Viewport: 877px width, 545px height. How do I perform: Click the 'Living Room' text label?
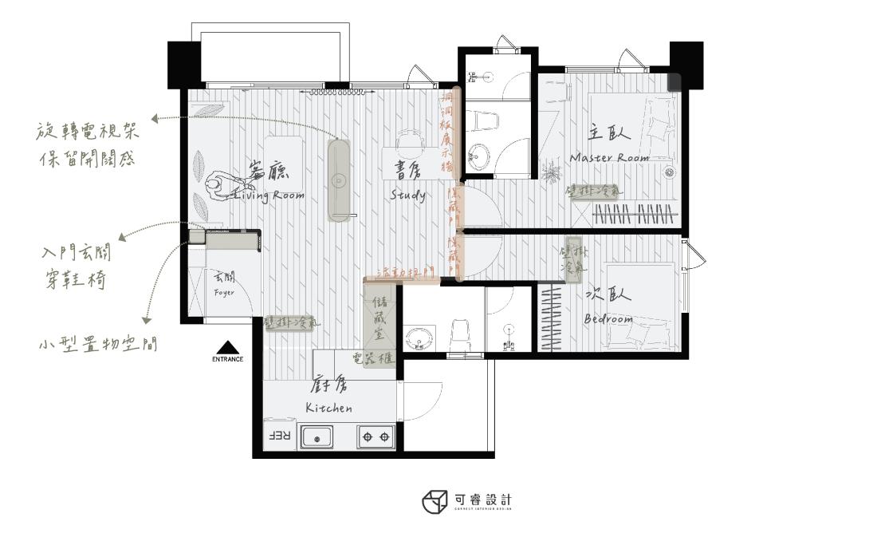tap(268, 194)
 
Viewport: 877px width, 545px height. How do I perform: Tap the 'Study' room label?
tap(407, 195)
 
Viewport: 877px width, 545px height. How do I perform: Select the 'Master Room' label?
tap(609, 158)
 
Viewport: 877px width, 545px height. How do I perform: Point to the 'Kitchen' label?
tap(328, 408)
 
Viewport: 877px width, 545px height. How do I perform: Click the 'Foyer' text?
tap(224, 293)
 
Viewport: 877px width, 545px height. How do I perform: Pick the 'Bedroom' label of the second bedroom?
tap(608, 319)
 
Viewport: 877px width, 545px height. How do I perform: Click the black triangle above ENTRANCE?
tap(227, 347)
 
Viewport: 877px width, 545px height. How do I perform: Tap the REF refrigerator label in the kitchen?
tap(276, 436)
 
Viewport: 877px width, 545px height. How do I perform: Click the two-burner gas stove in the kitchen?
tap(376, 436)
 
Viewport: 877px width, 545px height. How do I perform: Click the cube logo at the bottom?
tap(435, 502)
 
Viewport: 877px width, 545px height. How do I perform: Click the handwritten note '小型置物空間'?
tap(97, 346)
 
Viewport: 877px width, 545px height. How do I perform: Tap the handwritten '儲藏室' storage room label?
tap(379, 318)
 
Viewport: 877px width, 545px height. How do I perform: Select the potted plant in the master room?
tap(549, 172)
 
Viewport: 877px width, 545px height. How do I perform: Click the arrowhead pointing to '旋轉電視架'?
tap(154, 119)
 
